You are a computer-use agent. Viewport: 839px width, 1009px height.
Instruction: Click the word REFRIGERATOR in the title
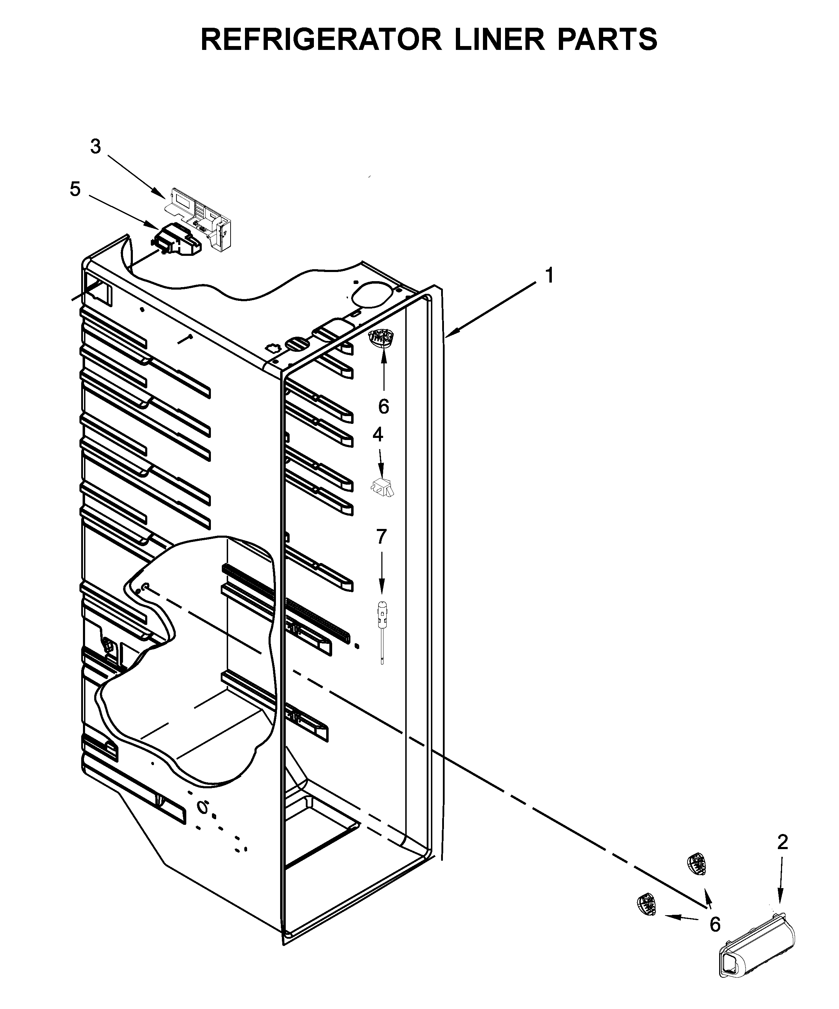(321, 39)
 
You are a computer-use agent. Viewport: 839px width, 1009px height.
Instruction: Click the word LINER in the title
(500, 39)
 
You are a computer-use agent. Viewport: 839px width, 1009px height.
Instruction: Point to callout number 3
(96, 147)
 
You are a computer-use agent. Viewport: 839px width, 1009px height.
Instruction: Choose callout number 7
(381, 537)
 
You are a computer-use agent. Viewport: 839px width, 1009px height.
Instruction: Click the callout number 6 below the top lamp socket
(383, 407)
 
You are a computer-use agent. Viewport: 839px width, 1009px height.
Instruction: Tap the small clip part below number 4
(382, 487)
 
